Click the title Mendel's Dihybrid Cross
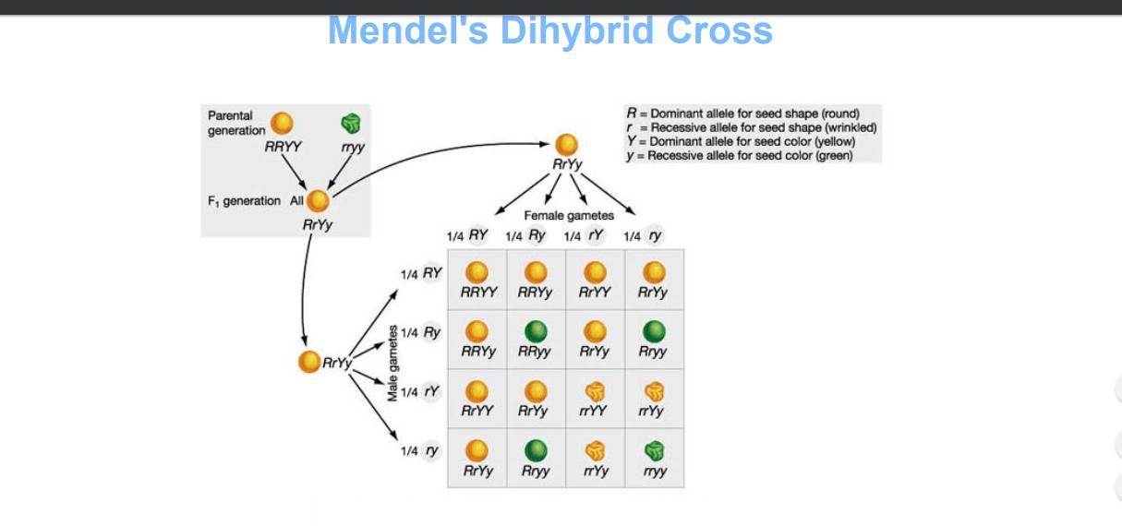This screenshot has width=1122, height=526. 549,31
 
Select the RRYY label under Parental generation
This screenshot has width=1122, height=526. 283,146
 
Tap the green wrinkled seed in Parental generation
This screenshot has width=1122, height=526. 351,124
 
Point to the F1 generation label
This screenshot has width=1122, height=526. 244,201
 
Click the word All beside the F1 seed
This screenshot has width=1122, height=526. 297,201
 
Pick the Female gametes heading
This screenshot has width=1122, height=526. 569,216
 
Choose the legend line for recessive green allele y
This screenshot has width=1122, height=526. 739,155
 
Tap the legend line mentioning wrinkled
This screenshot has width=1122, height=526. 751,127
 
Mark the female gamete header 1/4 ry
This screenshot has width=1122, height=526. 644,235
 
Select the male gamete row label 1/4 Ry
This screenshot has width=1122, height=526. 421,332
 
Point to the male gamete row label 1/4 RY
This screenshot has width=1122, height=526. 421,273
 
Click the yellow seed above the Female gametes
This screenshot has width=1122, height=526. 566,145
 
